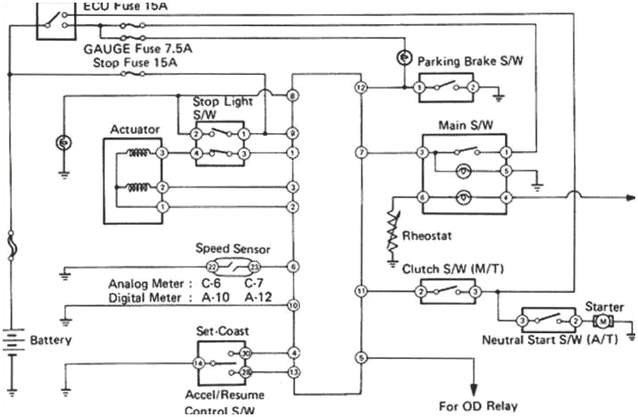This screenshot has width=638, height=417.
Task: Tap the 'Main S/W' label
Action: pos(461,126)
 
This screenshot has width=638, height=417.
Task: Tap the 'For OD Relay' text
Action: pos(478,405)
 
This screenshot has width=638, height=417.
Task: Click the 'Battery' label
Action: pos(51,340)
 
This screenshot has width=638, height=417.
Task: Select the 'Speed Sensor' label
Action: pos(232,249)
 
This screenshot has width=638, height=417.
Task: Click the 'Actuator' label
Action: pos(135,129)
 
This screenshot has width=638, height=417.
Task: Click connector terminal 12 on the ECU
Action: pos(360,88)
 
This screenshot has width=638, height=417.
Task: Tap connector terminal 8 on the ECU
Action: pos(293,96)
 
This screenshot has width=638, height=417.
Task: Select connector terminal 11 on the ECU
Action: pos(360,291)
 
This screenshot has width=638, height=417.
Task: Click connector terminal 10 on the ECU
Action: pos(293,305)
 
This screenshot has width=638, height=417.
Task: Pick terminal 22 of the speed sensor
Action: pos(211,267)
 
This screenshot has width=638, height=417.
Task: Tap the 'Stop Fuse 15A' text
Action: pos(135,63)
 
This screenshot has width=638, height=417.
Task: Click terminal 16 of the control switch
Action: pos(200,363)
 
